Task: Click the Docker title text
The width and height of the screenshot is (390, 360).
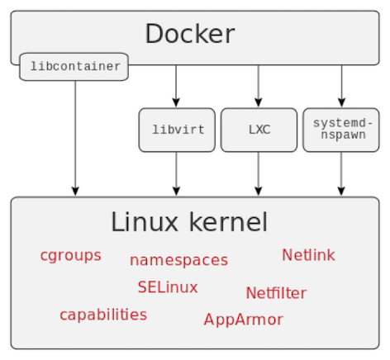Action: [x=190, y=35]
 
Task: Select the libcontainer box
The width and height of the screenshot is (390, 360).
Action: [x=74, y=67]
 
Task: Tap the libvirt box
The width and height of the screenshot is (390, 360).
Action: [x=177, y=130]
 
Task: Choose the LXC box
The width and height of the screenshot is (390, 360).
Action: [x=259, y=130]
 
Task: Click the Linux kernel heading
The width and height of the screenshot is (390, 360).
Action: [x=189, y=222]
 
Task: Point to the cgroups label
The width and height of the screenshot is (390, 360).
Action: [x=70, y=255]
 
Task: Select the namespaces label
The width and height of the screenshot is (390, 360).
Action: [x=178, y=260]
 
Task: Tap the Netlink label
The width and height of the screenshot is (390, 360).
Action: [x=308, y=255]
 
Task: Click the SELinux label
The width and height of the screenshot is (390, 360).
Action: [x=168, y=287]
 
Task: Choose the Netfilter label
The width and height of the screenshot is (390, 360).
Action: [x=276, y=293]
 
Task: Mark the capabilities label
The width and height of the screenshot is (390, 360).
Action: [x=103, y=315]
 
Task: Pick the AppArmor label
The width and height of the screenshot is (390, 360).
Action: [x=243, y=320]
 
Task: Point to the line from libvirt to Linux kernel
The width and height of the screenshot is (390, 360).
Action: [x=177, y=173]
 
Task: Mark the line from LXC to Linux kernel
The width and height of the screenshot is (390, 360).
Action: [x=259, y=173]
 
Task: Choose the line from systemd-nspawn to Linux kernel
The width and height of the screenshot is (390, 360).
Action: [x=340, y=173]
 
